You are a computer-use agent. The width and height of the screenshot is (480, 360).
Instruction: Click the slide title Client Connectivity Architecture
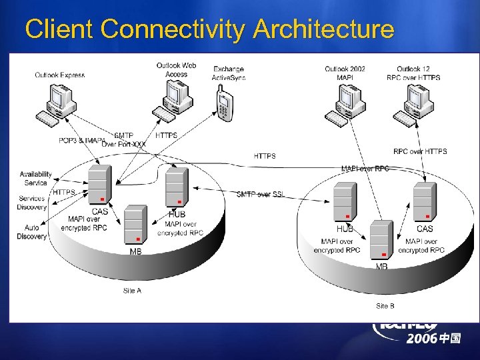(209, 29)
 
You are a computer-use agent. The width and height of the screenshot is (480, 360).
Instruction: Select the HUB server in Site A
(177, 187)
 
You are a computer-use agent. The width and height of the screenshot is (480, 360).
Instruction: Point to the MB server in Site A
(135, 224)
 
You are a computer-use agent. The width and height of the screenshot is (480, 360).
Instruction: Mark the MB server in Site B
(382, 239)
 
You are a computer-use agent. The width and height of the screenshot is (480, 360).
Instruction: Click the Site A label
(132, 291)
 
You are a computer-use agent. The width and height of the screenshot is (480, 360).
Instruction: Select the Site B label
(385, 306)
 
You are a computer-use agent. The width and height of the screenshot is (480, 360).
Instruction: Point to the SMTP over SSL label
(261, 194)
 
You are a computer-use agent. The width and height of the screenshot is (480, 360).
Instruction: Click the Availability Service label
(35, 178)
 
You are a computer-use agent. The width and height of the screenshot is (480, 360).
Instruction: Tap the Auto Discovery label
(31, 232)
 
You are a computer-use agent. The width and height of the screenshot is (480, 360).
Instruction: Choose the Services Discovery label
(31, 203)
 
